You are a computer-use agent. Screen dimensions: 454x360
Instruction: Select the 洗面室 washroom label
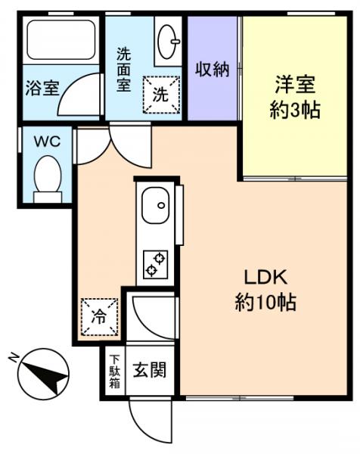coord(124,70)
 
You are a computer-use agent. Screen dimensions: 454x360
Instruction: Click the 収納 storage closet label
coord(213,70)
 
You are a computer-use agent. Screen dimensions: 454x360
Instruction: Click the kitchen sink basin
coord(156,204)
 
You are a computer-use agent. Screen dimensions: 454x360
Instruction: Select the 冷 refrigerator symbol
coord(100,313)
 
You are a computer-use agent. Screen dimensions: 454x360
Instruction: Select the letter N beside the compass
coord(13,356)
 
